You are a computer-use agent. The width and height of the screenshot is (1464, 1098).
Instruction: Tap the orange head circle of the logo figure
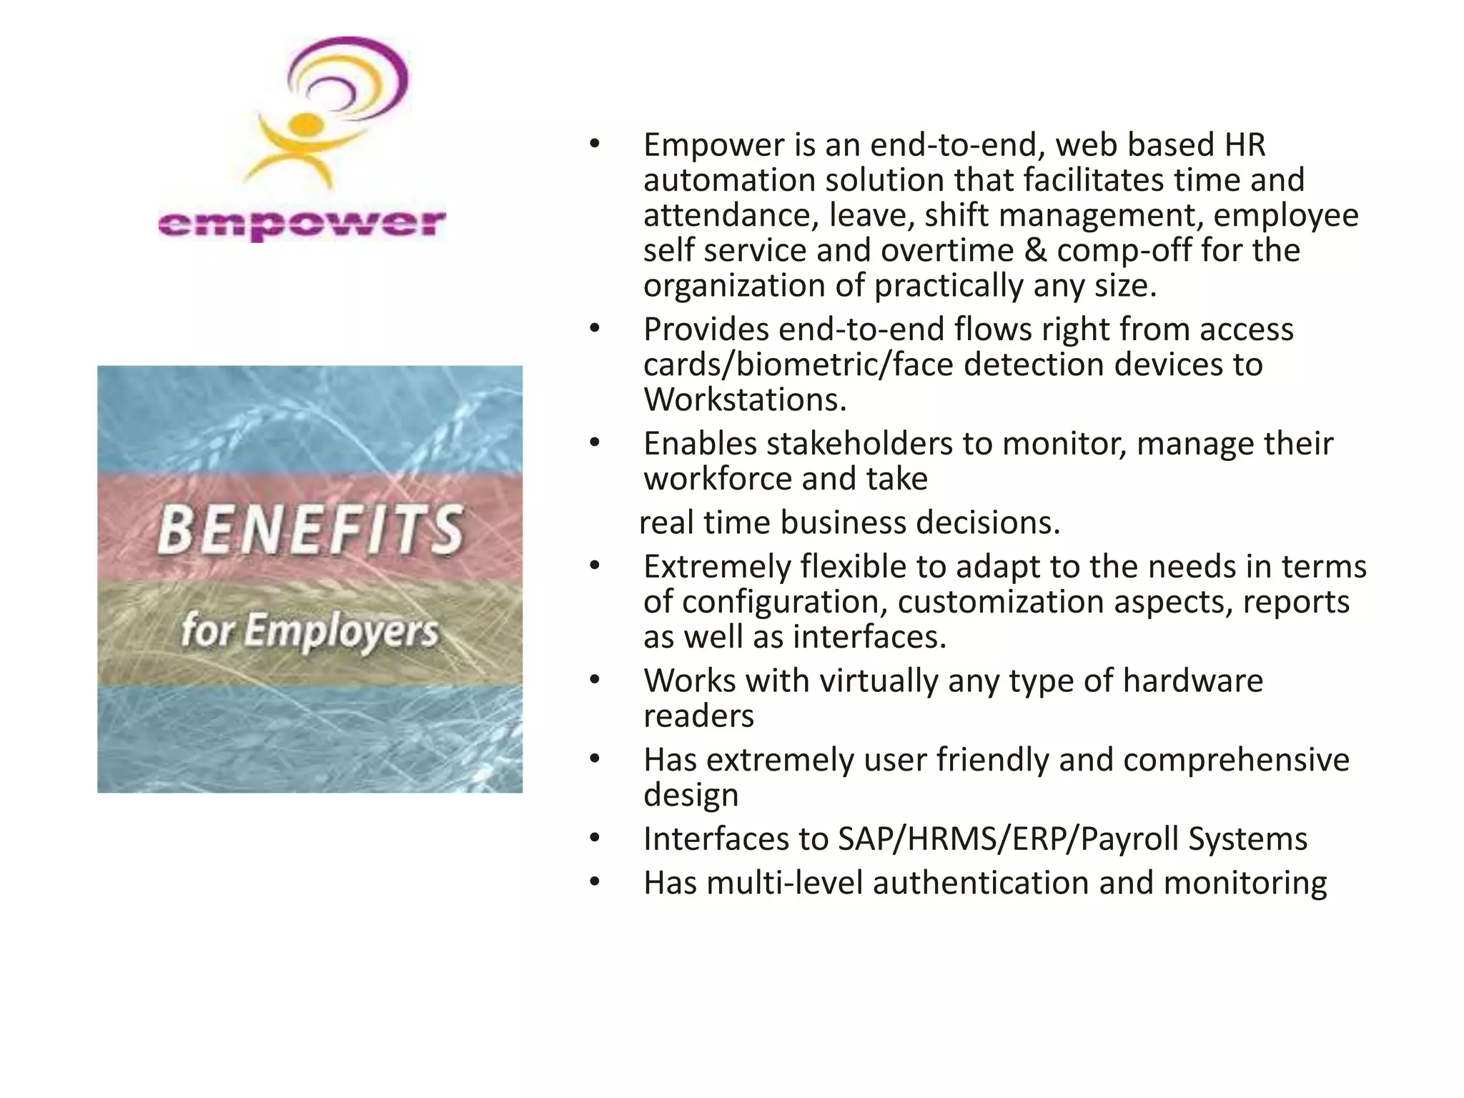click(x=308, y=124)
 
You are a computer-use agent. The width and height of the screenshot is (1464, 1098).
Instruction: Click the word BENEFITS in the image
click(x=310, y=530)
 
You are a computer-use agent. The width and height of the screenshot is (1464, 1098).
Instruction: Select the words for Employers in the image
click(x=309, y=631)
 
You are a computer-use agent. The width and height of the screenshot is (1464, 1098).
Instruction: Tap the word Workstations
click(x=744, y=400)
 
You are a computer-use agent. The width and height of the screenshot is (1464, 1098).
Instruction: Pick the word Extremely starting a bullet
click(x=717, y=567)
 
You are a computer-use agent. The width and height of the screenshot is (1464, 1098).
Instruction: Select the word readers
click(x=698, y=716)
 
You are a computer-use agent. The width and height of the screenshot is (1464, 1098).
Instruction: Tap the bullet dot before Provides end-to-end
click(x=595, y=329)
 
